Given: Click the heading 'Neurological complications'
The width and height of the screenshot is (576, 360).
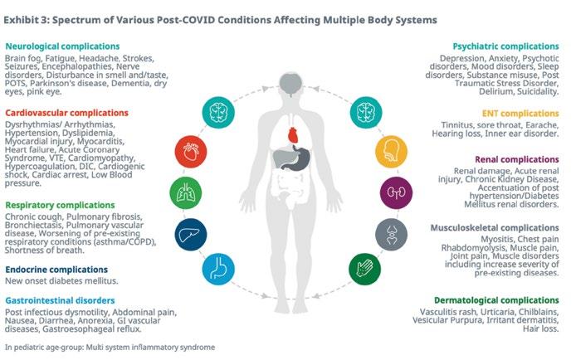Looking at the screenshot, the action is click(61, 47).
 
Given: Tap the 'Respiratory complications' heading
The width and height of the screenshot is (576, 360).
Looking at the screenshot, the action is click(59, 204).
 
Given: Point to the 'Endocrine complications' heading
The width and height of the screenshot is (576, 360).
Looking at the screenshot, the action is click(56, 269).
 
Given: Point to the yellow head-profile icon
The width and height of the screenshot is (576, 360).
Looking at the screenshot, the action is click(388, 150).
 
